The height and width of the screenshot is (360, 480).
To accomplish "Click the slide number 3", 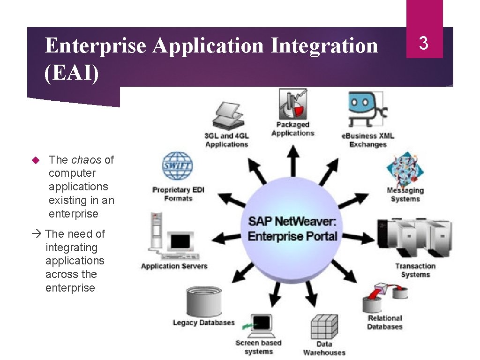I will [x=424, y=44].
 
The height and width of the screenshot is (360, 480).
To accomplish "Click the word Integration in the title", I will [x=324, y=46].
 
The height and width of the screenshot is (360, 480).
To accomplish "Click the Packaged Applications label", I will [x=292, y=129].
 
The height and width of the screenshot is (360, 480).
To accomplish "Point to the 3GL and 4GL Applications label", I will [x=226, y=140].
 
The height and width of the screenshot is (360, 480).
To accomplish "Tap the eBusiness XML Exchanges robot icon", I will [x=366, y=110].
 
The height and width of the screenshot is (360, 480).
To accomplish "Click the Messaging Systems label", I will [x=405, y=195].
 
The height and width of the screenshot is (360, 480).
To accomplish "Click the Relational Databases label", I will [x=384, y=322].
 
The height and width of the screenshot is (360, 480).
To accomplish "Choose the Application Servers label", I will [x=174, y=266].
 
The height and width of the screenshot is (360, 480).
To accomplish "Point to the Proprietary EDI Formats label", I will [x=178, y=194].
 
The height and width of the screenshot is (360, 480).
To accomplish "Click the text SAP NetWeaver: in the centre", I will [x=292, y=221].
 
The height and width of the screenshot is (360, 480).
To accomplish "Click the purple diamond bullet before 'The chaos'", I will [x=34, y=160].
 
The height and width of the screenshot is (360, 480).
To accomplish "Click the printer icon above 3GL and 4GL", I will [x=228, y=116].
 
